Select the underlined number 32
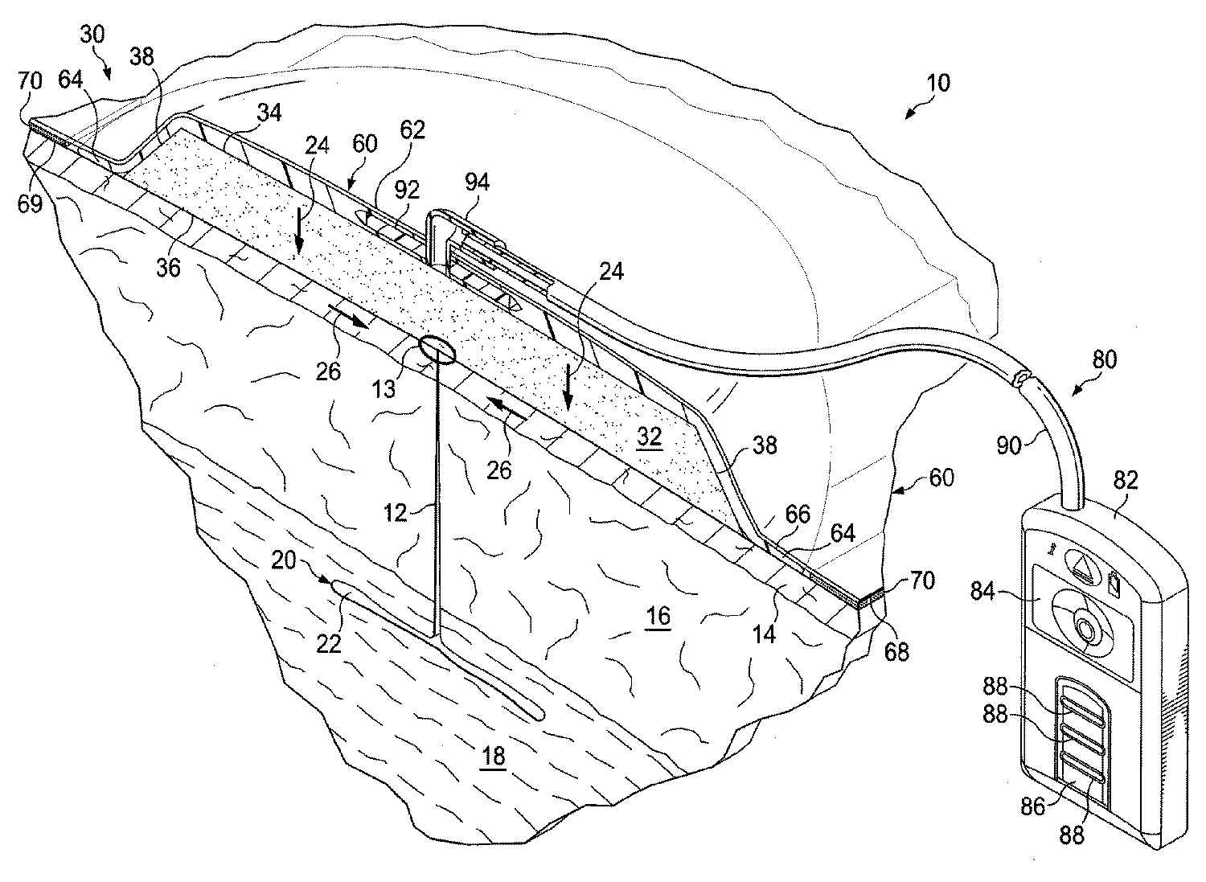click(649, 437)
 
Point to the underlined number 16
click(658, 616)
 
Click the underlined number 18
click(493, 757)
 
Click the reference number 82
click(1126, 480)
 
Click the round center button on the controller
click(1085, 628)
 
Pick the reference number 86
click(1033, 805)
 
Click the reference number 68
click(896, 650)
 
